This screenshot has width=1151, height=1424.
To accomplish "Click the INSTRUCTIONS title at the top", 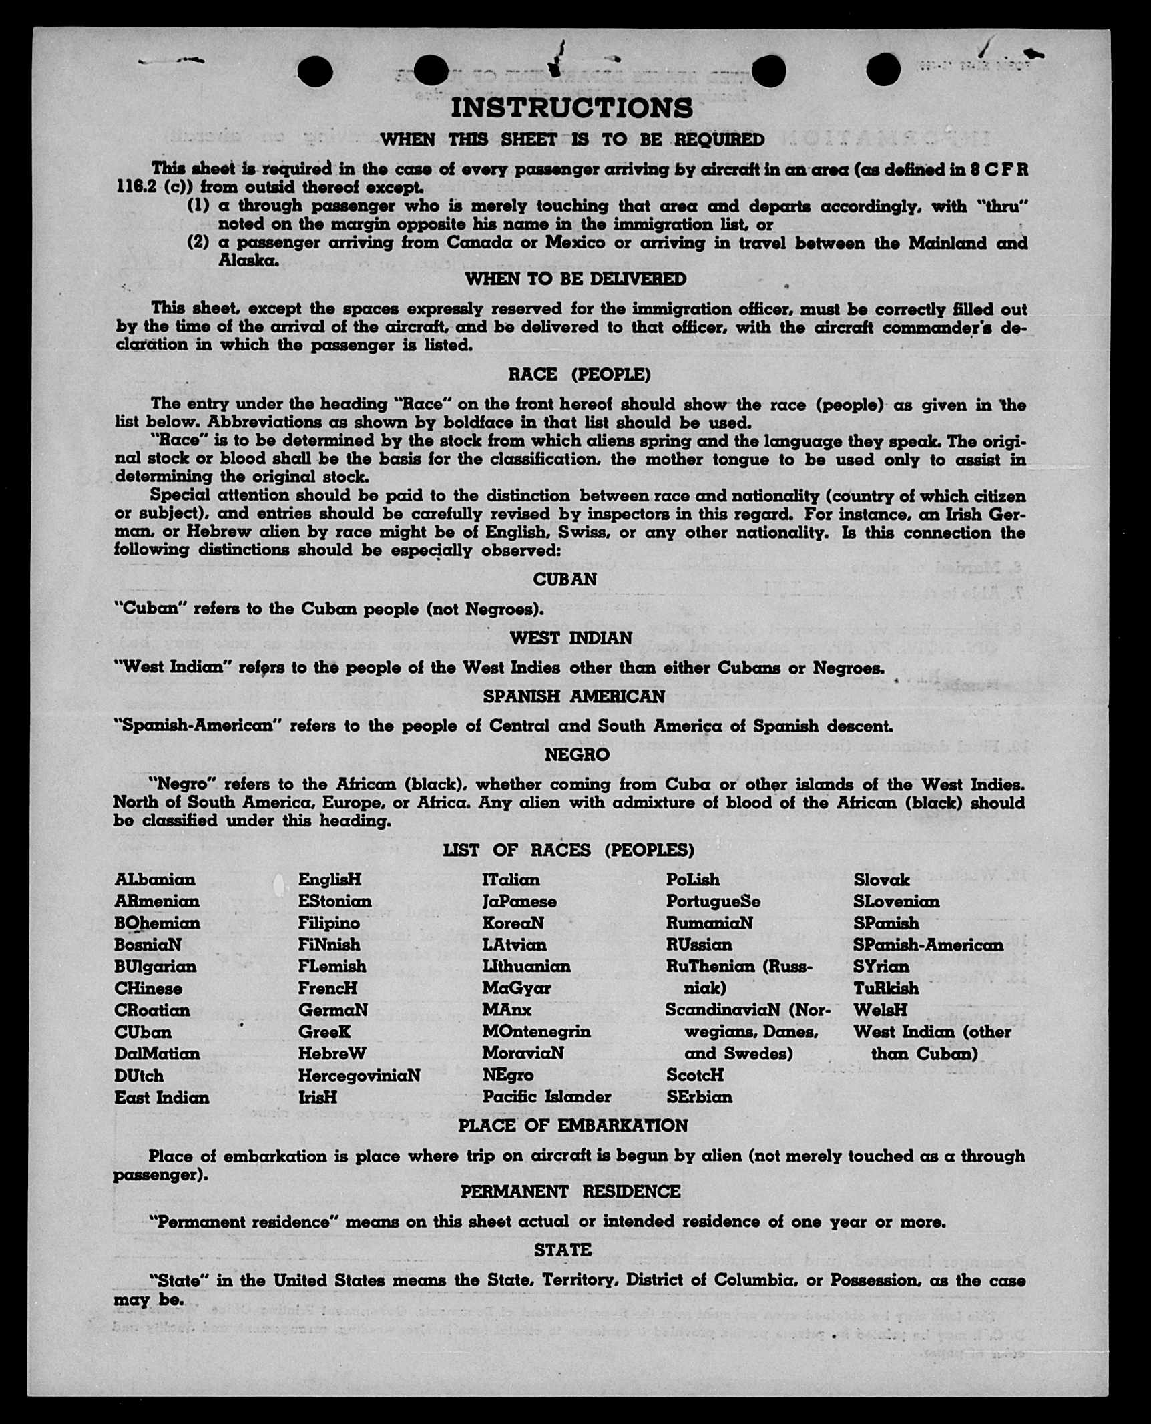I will coord(571,109).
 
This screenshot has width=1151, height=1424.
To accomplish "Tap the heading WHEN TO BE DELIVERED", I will coord(575,279).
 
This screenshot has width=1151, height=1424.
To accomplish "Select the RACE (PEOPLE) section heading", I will coord(579,375).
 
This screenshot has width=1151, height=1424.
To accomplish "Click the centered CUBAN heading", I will coord(564,579).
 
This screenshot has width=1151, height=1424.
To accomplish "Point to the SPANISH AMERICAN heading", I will coord(573,696).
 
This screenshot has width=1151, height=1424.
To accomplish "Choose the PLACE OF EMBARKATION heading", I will coord(572,1126).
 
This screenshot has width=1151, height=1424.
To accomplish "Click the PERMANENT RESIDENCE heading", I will coord(570,1192).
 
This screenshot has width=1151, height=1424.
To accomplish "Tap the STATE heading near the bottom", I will coord(562,1250).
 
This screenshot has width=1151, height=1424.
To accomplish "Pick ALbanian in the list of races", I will coord(154,879).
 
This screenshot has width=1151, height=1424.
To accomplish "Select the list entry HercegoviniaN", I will coord(359,1075).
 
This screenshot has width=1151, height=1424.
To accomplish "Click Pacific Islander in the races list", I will coord(546,1096).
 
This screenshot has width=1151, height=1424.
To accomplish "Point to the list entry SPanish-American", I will coord(927,945).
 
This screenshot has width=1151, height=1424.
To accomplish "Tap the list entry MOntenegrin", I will coord(536,1031).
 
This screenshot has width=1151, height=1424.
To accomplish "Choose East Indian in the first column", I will coord(162,1097).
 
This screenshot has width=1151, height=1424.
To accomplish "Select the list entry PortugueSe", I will coord(712,901).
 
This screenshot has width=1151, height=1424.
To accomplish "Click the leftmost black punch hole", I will coord(315,71).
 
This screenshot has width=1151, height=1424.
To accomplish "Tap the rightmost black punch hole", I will coord(883,69).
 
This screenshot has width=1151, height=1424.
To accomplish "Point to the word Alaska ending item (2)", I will coord(248,261).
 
